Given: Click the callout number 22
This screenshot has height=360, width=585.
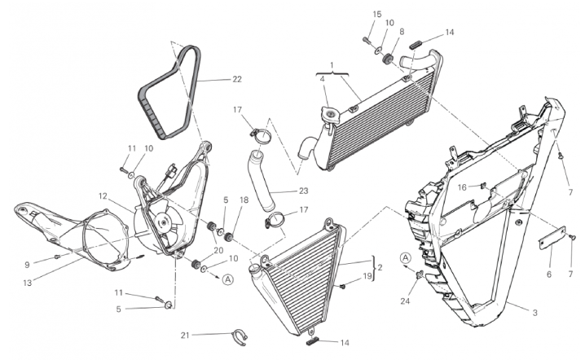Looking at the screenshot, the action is coord(237,79).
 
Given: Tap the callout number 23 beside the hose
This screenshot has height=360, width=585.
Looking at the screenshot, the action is coord(304,191).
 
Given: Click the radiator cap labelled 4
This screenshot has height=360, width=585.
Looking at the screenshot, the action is coord(330,113).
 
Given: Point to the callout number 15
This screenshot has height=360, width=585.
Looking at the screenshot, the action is coord(376,14).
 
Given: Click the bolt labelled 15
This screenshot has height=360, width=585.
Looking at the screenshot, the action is coord(366,39).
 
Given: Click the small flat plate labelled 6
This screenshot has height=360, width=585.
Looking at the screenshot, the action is coord(552,238).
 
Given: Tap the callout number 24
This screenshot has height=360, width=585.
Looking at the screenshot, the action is coord(405,301).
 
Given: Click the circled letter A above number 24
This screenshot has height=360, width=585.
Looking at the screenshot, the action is coord(406,257).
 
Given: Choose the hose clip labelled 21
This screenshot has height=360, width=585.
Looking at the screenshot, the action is coord(240,338).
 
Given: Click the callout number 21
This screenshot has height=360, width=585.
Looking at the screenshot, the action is coord(186,335).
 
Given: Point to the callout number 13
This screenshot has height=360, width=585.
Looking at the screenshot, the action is coord(27,283).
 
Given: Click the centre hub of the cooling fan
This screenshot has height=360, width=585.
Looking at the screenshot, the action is coord(163,222).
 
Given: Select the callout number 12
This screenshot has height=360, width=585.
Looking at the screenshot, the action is coord(103,195).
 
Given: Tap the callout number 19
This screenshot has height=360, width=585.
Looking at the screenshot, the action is coord(367,276).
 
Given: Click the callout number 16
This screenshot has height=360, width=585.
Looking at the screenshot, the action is coord(462,187).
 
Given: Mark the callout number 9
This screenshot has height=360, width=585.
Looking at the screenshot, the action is coord(27,265).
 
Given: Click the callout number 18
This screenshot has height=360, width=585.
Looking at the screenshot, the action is coord(244,200).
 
